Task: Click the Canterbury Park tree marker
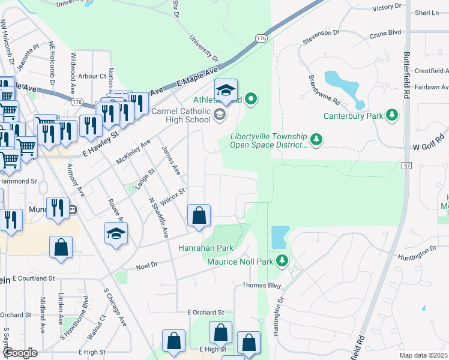(x=392, y=114)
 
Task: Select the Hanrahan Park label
(x=205, y=248)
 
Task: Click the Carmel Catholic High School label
(x=181, y=115)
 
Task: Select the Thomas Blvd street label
(x=262, y=286)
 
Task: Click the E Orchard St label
(x=205, y=313)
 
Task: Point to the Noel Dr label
(x=146, y=265)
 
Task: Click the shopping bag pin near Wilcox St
(x=199, y=215)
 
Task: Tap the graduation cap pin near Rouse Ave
(x=116, y=234)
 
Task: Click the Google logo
(x=20, y=353)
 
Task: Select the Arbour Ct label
(x=92, y=76)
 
